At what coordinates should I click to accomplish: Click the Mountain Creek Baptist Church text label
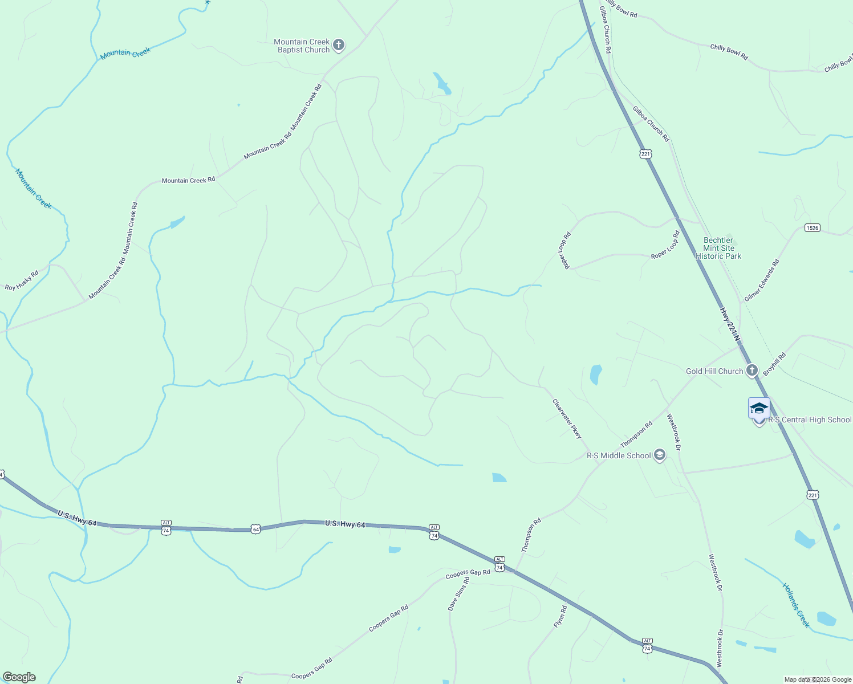point(302,46)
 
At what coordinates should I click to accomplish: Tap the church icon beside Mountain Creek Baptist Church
point(339,45)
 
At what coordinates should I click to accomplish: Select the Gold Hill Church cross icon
point(752,370)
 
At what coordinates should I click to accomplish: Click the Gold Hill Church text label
point(714,371)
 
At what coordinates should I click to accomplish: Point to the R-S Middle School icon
point(660,455)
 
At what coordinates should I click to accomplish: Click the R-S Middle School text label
point(619,455)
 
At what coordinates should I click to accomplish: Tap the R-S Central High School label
point(810,420)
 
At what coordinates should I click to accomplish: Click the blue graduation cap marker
point(759,408)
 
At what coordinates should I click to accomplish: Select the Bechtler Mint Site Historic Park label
point(718,248)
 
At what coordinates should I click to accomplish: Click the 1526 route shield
point(813,227)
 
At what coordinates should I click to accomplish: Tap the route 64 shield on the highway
point(255,529)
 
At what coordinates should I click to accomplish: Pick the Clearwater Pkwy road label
point(567,418)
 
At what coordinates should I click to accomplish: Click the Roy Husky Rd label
point(22,280)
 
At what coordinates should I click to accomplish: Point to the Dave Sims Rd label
point(458,593)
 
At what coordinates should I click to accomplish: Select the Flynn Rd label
point(560,617)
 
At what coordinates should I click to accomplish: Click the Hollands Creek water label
point(795,605)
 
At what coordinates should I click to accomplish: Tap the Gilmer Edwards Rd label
point(762,280)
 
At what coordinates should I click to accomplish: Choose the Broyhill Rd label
point(775,364)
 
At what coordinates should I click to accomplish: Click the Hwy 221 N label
point(729,325)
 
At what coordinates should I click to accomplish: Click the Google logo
point(19,677)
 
